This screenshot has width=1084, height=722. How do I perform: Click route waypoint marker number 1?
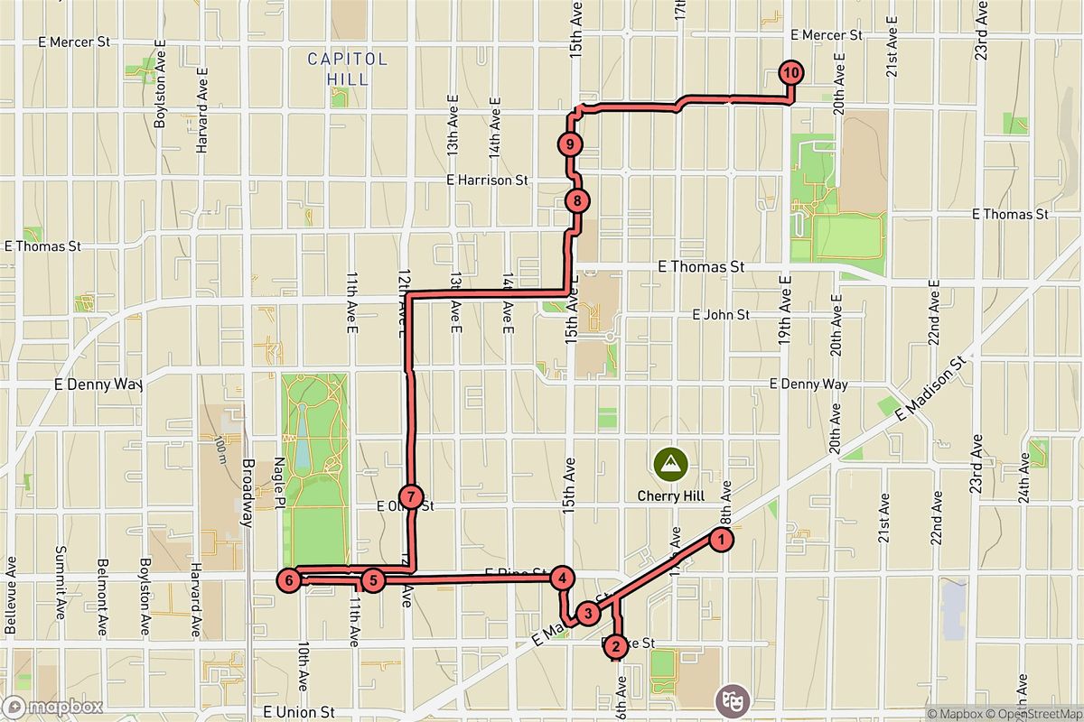coord(721,540)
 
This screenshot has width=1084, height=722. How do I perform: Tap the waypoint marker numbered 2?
coord(615,645)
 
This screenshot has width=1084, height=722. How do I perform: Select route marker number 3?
coord(588,614)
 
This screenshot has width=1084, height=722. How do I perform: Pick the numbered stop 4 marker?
coord(562,579)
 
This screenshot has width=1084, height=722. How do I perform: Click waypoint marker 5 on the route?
coord(372,579)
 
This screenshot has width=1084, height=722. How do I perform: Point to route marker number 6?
coord(288,579)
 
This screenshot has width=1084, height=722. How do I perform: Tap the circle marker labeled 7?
coord(410,496)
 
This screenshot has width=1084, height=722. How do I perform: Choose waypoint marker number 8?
coord(576,201)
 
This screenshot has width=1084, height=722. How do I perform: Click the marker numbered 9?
coord(570,143)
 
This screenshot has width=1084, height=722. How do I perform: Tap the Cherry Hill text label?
coord(670,495)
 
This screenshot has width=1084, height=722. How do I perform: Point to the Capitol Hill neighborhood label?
coord(348,69)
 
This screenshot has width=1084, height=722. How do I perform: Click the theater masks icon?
coord(730,699)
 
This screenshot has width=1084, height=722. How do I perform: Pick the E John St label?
coord(721,315)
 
